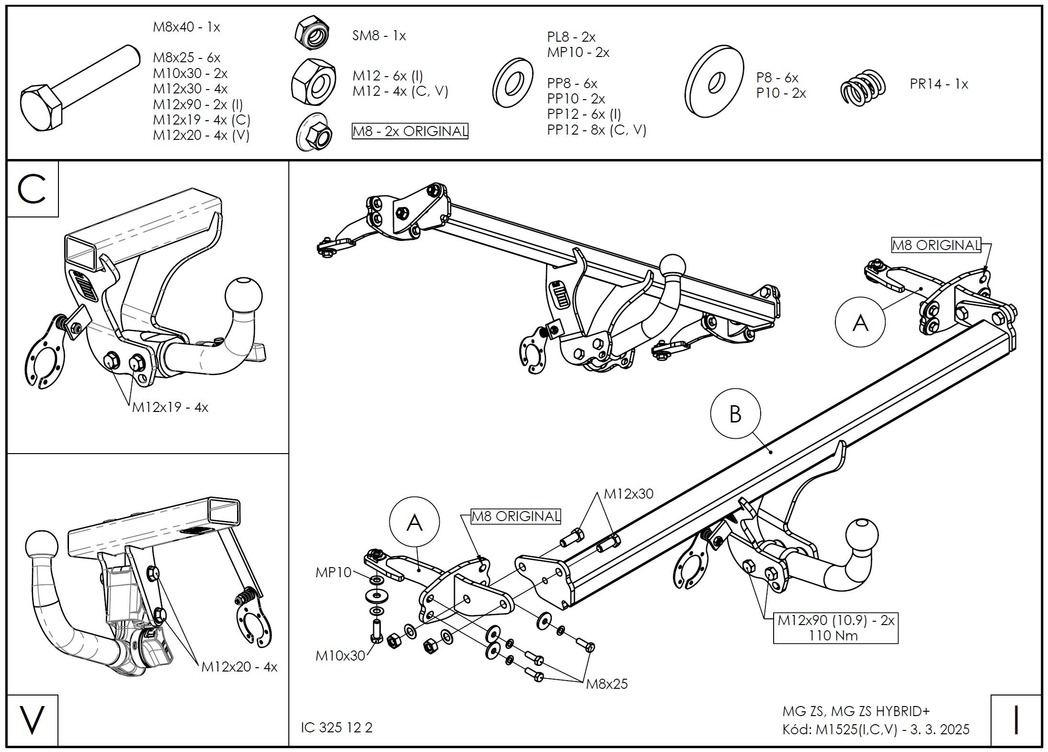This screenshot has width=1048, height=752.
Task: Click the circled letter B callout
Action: [735, 413]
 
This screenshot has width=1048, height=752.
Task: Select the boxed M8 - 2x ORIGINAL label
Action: [410, 131]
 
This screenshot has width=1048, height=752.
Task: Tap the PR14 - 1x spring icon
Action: [863, 87]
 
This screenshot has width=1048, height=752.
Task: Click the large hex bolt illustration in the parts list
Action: [80, 89]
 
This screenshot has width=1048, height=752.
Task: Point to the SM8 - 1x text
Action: [379, 36]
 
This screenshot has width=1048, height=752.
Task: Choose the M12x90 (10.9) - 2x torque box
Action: [836, 627]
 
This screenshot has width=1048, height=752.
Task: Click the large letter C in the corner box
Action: [32, 189]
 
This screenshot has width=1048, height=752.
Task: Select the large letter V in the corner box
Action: [32, 719]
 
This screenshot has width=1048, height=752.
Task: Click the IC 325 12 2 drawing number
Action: [337, 728]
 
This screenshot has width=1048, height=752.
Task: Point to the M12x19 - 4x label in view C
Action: [170, 407]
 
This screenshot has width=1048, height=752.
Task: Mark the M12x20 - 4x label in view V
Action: [239, 667]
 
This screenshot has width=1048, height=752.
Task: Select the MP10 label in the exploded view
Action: [333, 572]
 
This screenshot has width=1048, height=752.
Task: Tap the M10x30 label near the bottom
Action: [340, 655]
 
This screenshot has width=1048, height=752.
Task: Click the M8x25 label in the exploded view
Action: [607, 684]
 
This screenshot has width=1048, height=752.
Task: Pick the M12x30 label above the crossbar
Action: [628, 494]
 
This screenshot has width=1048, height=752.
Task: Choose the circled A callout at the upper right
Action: [860, 323]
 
